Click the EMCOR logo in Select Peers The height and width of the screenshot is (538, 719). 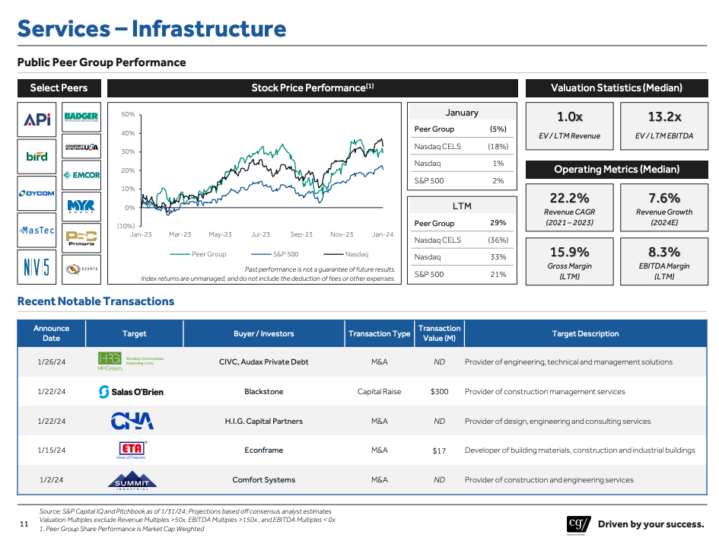tap(81, 175)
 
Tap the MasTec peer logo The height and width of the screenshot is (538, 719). tap(37, 231)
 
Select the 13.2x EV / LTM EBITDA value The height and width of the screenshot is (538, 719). tap(664, 117)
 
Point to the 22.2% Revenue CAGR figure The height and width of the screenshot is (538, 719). tap(569, 198)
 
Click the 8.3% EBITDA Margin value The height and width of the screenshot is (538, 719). tap(664, 252)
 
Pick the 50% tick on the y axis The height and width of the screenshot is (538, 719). tap(129, 115)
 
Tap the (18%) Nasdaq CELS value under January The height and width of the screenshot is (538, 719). tap(498, 146)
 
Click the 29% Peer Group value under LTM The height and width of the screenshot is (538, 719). tap(498, 223)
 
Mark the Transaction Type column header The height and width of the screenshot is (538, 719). tap(379, 333)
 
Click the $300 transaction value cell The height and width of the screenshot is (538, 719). tap(439, 392)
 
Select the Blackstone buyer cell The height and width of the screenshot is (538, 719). tap(263, 392)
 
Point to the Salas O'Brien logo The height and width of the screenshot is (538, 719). tap(132, 392)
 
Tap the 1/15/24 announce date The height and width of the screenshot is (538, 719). tap(52, 450)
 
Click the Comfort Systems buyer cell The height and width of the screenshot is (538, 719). tap(263, 480)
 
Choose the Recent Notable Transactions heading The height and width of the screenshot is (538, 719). tap(96, 301)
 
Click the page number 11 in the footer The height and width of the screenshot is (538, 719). tap(24, 524)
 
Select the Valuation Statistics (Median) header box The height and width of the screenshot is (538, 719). tap(616, 88)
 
